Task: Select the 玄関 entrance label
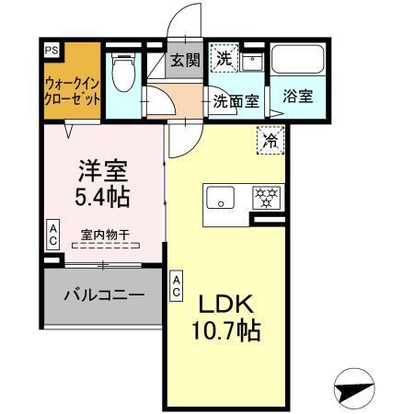tap(185, 63)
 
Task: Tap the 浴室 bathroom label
tap(296, 96)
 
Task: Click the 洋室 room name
tap(101, 170)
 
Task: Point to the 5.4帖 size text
tap(101, 196)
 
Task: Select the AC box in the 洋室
tap(53, 234)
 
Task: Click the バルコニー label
tap(103, 295)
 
